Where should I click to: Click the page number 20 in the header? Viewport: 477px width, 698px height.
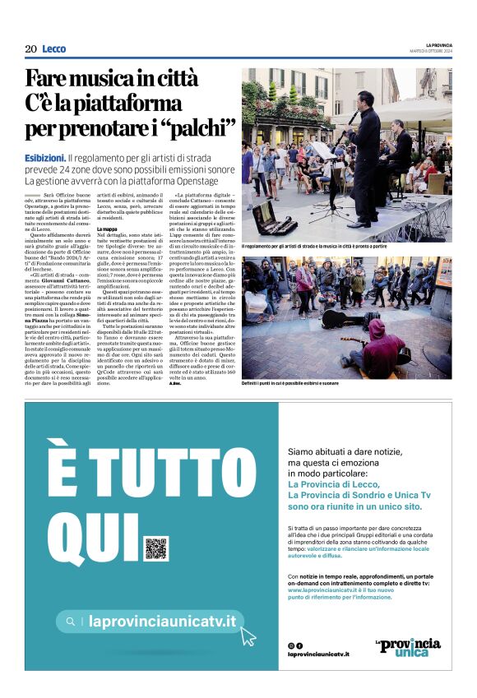click(x=30, y=49)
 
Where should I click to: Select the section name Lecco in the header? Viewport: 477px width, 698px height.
click(x=54, y=49)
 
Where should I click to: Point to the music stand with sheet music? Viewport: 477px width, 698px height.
click(x=322, y=153)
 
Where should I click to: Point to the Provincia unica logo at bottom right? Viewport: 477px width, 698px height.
click(x=408, y=646)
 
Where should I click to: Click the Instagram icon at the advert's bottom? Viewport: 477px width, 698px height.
click(x=290, y=645)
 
